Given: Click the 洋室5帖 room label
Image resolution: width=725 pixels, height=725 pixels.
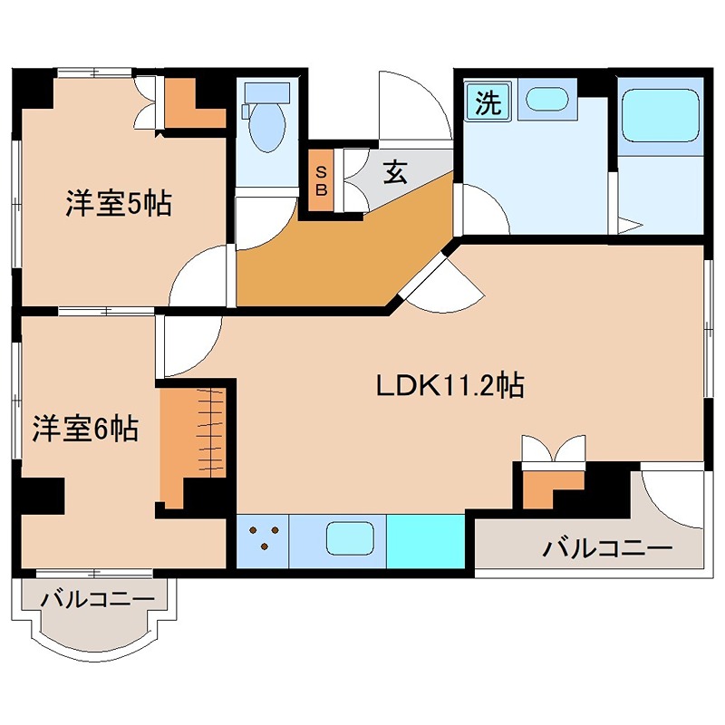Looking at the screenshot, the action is click(x=119, y=203).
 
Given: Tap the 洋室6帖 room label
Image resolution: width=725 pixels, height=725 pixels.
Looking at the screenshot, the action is click(x=85, y=428).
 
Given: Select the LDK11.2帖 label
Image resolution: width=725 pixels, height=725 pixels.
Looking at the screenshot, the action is click(x=450, y=386).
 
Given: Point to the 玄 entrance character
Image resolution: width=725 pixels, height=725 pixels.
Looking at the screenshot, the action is click(x=395, y=171).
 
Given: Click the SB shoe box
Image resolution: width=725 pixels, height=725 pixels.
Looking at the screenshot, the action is click(x=321, y=180).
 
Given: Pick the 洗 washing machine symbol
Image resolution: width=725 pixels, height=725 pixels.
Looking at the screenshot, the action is click(x=488, y=102).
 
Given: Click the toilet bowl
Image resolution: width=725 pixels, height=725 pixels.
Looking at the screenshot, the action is click(x=266, y=125).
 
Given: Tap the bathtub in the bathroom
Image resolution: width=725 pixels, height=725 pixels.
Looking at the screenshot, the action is click(x=661, y=116).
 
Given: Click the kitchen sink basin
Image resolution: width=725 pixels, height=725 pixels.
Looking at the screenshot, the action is click(x=350, y=538).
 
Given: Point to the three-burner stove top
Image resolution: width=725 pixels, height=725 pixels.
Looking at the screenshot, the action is click(x=263, y=541).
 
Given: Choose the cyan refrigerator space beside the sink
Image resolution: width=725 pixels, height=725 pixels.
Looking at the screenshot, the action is click(x=425, y=541).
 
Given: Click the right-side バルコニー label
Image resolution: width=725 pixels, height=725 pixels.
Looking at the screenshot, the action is click(x=606, y=549).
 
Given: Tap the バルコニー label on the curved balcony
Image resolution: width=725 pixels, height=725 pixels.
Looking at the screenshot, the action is click(x=98, y=599).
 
